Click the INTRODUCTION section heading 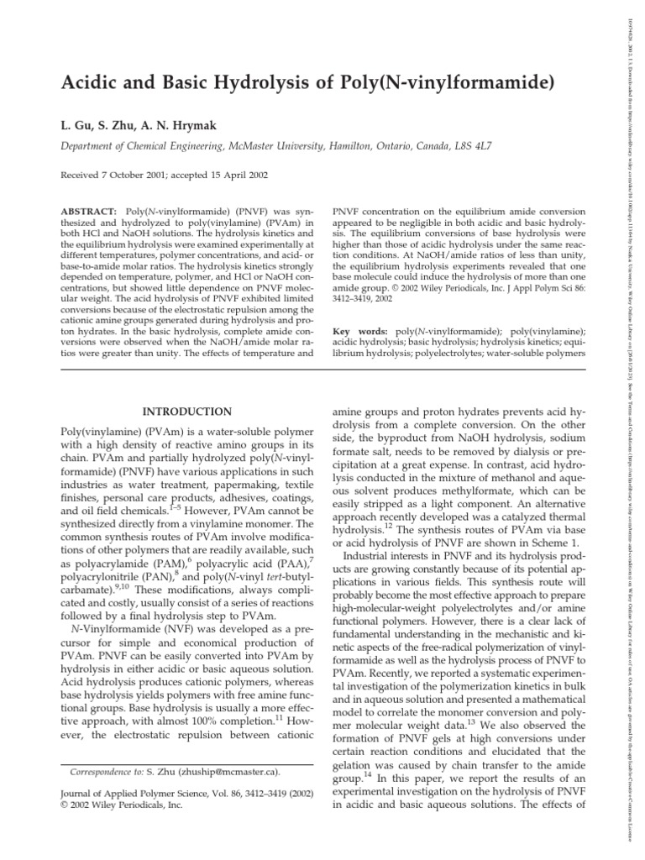coord(186,412)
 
